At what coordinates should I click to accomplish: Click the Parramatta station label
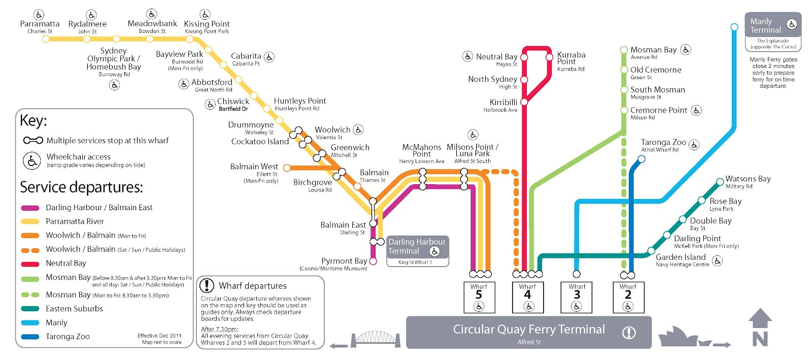tap(40, 24)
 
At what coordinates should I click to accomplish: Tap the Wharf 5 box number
tap(479, 295)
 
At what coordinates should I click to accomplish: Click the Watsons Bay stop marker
tap(720, 182)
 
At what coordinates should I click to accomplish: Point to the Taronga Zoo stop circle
tap(641, 159)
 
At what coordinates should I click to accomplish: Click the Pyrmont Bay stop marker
tap(373, 261)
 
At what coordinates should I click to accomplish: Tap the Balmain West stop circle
tap(287, 168)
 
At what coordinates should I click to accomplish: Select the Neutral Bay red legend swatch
tap(30, 264)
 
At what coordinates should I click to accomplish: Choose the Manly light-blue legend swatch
tap(30, 323)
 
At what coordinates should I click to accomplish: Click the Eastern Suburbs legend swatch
tap(30, 309)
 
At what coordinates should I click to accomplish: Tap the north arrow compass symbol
tap(760, 328)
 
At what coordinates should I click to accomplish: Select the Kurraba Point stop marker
tap(549, 57)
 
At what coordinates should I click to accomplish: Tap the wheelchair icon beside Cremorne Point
tap(696, 110)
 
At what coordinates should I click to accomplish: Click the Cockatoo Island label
tap(260, 142)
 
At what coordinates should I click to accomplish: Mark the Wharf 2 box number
tap(628, 295)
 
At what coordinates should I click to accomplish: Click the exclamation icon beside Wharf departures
tap(207, 286)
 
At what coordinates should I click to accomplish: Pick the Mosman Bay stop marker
tap(624, 50)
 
